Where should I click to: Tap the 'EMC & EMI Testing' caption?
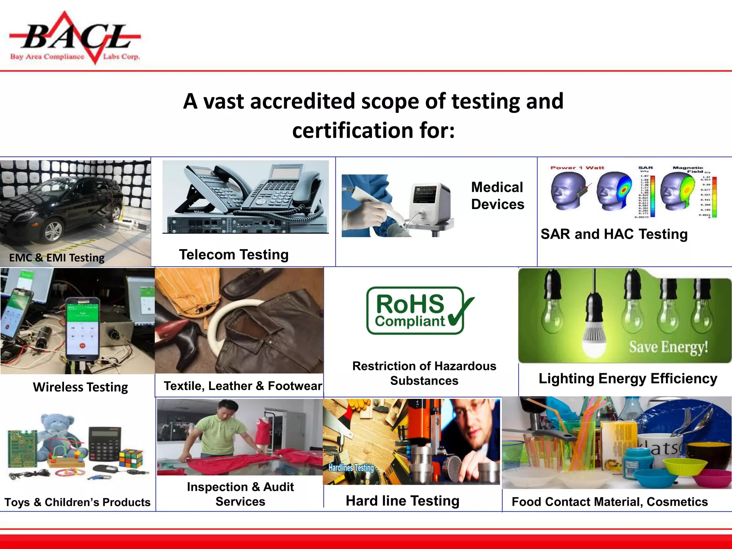click(x=56, y=258)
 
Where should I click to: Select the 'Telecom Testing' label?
click(x=234, y=255)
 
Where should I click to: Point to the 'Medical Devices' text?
click(x=498, y=196)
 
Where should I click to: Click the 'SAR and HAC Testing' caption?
click(x=614, y=234)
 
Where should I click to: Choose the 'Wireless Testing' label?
click(x=80, y=387)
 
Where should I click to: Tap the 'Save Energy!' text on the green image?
click(x=668, y=347)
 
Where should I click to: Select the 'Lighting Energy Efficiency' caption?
click(x=628, y=379)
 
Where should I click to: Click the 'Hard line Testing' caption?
click(x=402, y=501)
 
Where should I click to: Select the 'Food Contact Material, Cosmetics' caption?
click(x=609, y=502)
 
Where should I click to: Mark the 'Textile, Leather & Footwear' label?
click(x=243, y=386)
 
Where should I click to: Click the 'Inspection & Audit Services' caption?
click(x=240, y=494)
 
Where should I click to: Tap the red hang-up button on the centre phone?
click(x=83, y=346)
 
